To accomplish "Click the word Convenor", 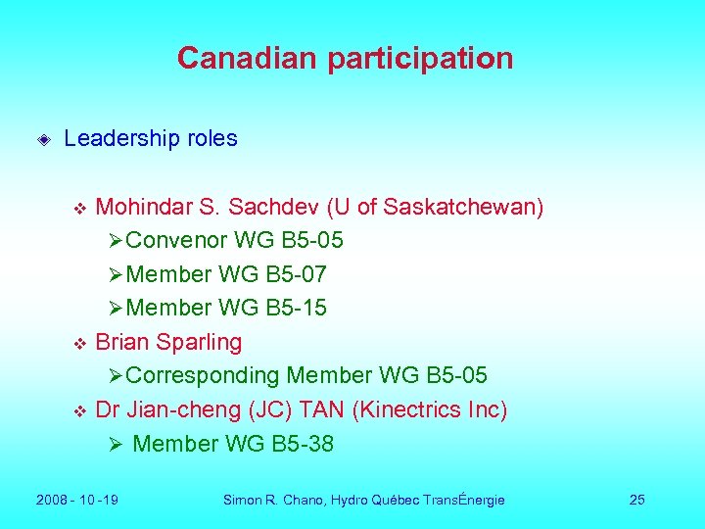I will [177, 241].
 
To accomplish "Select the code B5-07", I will [296, 274].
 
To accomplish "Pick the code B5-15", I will [296, 309].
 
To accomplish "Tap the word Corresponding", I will [203, 376].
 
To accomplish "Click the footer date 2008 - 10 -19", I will [77, 501].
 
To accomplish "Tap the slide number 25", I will [636, 501].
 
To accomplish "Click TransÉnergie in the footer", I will [463, 501].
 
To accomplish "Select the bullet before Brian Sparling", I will [81, 344].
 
